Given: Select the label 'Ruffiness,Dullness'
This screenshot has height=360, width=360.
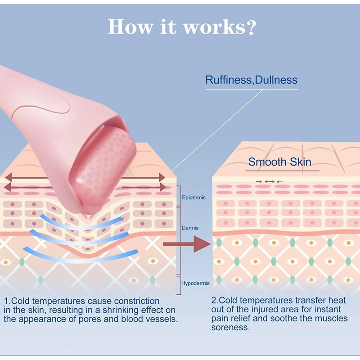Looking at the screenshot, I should click(251, 80).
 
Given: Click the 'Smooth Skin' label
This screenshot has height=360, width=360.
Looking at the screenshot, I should click(279, 162).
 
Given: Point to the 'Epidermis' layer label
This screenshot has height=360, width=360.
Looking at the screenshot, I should click(194, 198).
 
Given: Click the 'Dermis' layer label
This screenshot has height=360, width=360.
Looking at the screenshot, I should click(190, 228).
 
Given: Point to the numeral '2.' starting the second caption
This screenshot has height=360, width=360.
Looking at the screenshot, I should click(215, 300).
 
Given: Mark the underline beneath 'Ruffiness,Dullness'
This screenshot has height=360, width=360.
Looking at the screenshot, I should click(252, 89).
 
